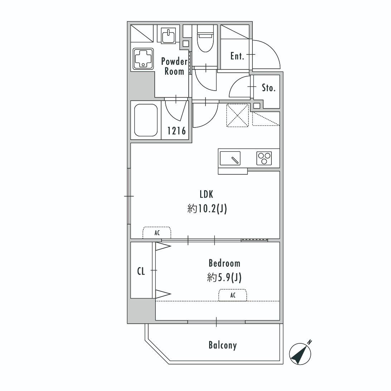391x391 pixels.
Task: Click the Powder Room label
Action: pos(174,66)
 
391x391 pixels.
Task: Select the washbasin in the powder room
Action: pos(169,36)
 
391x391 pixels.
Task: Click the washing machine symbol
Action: pos(143,59)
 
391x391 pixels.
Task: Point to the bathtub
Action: pos(146,120)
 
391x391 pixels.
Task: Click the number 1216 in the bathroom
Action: pos(177,131)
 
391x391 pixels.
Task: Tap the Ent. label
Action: pos(237,56)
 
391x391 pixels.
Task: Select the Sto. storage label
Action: pos(269,88)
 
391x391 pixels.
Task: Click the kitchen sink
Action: pos(230,158)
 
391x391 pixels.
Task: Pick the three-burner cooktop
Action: pos(264,158)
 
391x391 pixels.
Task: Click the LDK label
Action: pos(207,194)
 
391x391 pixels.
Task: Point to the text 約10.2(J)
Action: pos(207,209)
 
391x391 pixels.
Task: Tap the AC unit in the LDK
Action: pos(157,233)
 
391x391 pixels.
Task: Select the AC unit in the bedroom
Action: pos(233,295)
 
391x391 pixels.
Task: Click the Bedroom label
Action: pos(225,263)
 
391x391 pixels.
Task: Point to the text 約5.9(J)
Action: pos(224,277)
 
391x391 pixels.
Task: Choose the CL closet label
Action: pos(141,271)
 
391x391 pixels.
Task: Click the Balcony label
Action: pos(222,346)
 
